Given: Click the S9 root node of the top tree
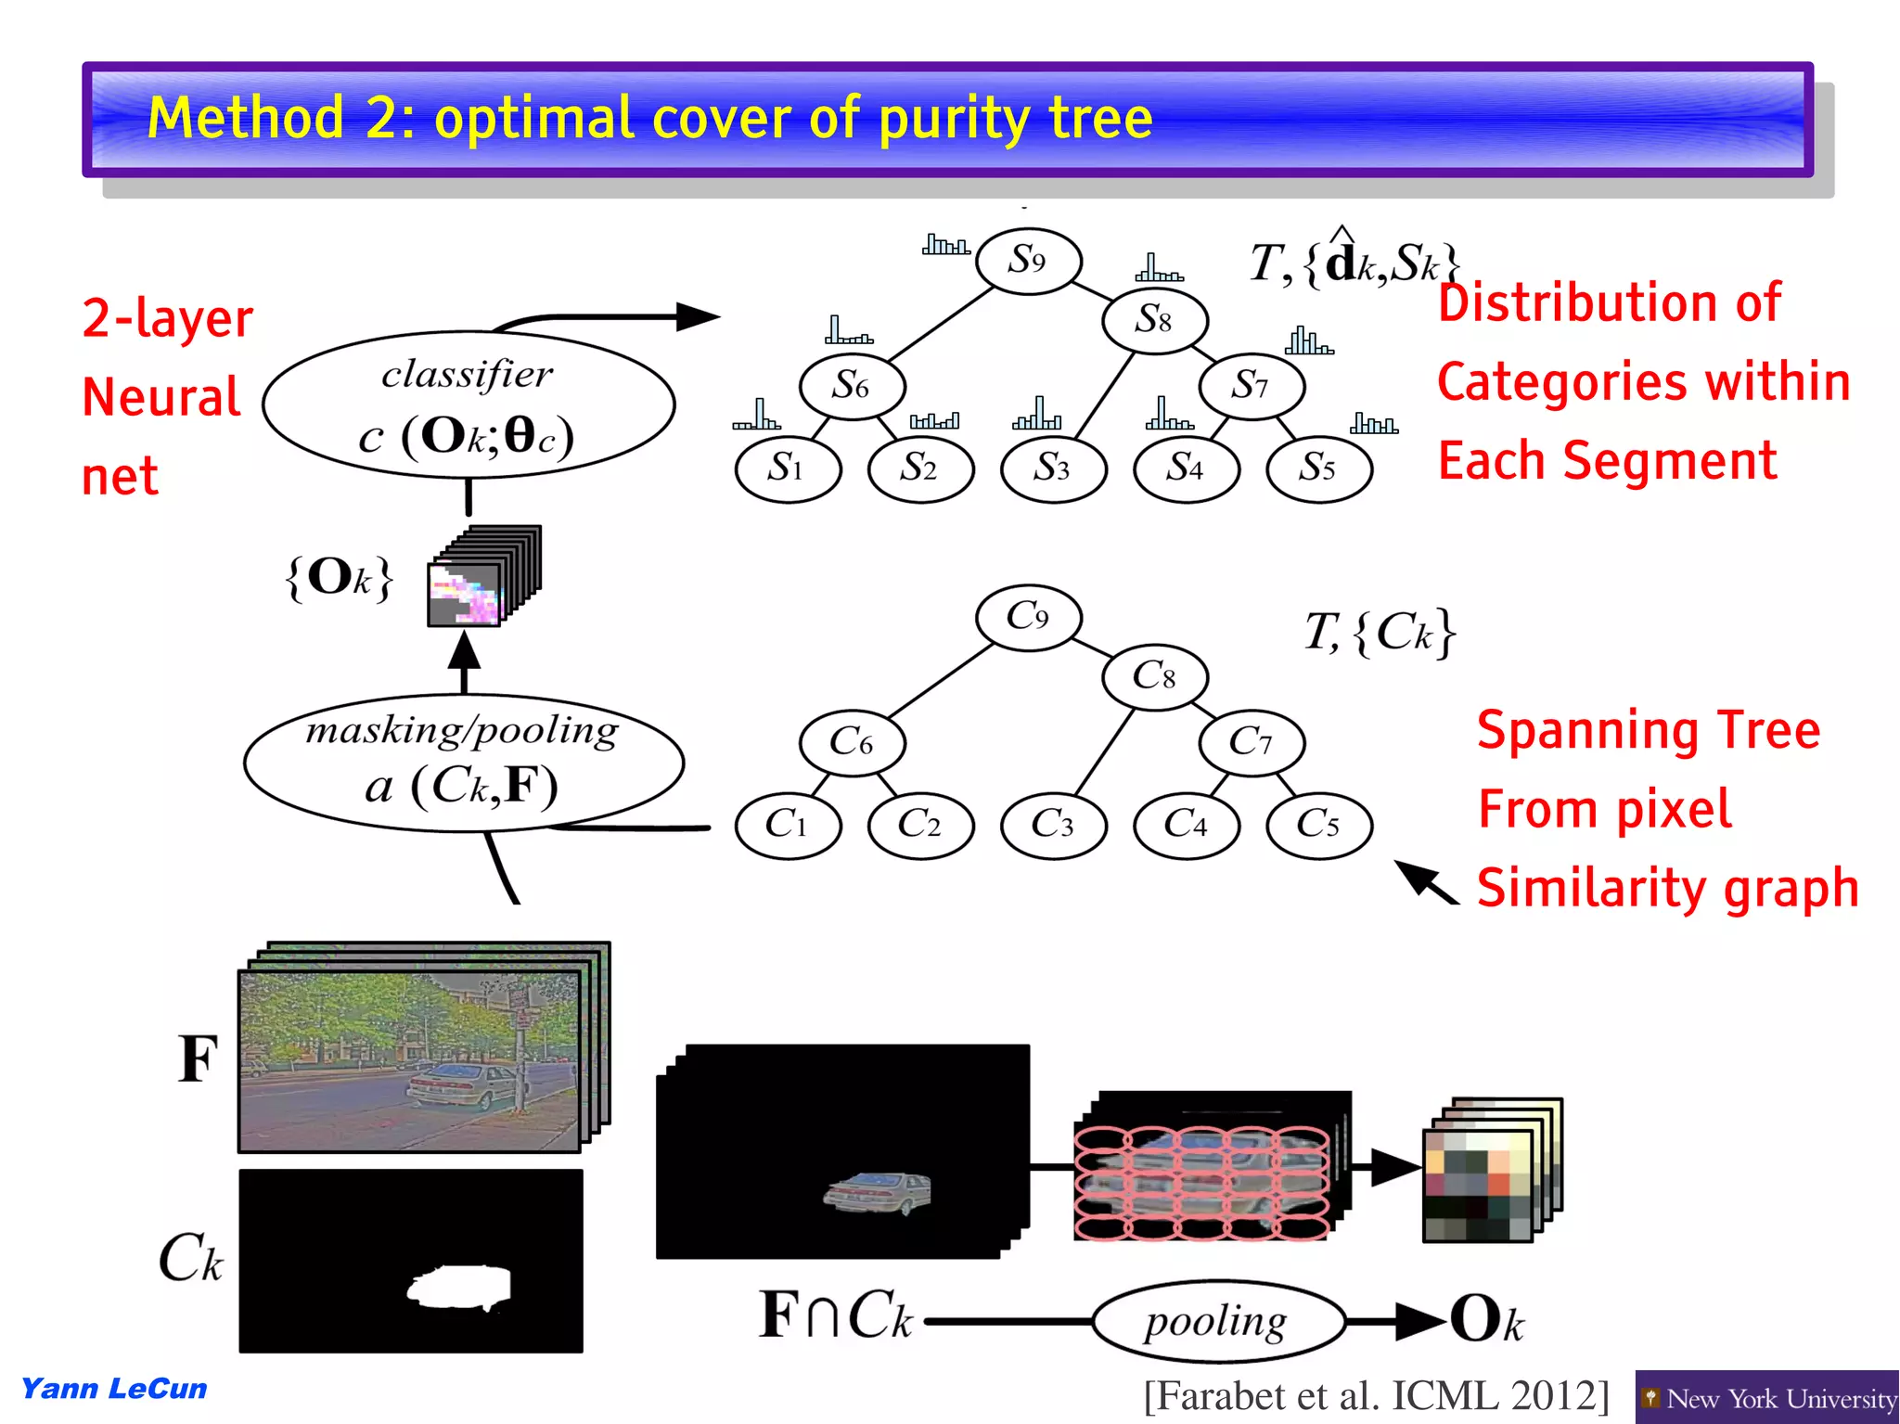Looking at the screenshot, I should (1028, 261).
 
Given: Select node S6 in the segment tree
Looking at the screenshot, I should (852, 386).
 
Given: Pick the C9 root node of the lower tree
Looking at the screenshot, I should (1028, 617).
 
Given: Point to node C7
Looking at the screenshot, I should (1252, 742).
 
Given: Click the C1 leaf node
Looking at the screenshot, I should (788, 824).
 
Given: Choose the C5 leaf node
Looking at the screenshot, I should (1318, 824).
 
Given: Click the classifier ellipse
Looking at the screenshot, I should (469, 405).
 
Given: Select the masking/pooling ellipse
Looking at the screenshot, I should (464, 763).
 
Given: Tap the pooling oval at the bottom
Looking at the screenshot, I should (1217, 1321).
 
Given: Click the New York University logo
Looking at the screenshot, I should (1766, 1397).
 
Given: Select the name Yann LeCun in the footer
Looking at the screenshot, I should (114, 1389).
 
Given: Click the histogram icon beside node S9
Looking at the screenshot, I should (945, 245).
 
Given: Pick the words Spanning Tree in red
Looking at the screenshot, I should (1649, 730).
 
